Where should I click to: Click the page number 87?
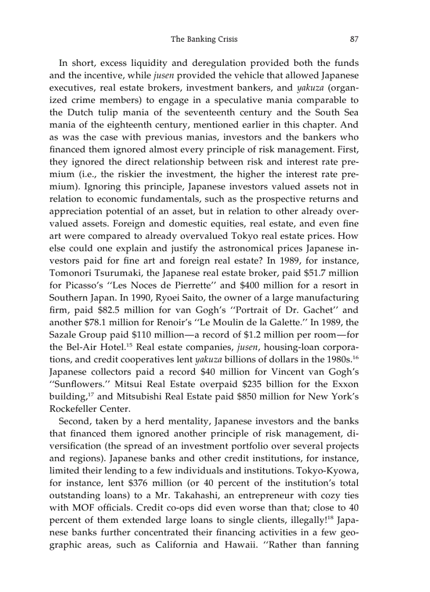[354, 39]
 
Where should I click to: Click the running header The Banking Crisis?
[204, 39]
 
